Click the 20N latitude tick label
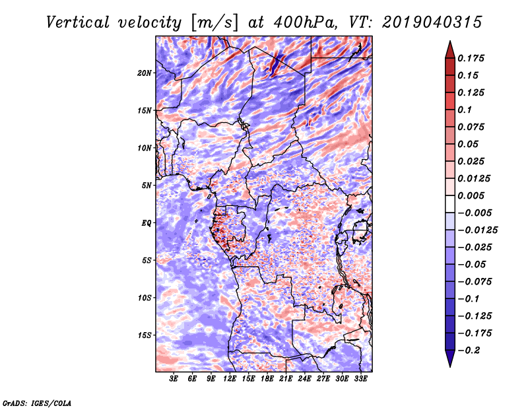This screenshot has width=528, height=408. (144, 73)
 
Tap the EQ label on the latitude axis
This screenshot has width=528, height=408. (146, 223)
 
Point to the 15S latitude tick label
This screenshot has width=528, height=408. (145, 335)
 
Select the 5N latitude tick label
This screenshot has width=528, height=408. (147, 186)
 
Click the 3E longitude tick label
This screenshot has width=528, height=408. (174, 379)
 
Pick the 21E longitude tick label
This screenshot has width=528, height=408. (286, 379)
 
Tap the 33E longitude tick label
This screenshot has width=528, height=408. (360, 379)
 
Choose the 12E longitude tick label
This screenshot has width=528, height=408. (230, 379)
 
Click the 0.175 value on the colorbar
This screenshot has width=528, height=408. (471, 58)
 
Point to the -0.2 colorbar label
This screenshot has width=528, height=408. (469, 351)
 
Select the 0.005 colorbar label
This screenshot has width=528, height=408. (471, 195)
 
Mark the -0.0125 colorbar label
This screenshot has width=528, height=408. (477, 230)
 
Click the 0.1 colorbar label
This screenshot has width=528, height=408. (465, 110)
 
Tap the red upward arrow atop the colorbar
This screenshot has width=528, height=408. (450, 50)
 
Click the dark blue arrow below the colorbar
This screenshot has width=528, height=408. (450, 358)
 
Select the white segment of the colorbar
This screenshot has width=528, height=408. (450, 204)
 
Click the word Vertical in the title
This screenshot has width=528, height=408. (78, 22)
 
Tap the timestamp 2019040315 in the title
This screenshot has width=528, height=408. (432, 22)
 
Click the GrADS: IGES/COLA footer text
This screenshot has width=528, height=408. (37, 403)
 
